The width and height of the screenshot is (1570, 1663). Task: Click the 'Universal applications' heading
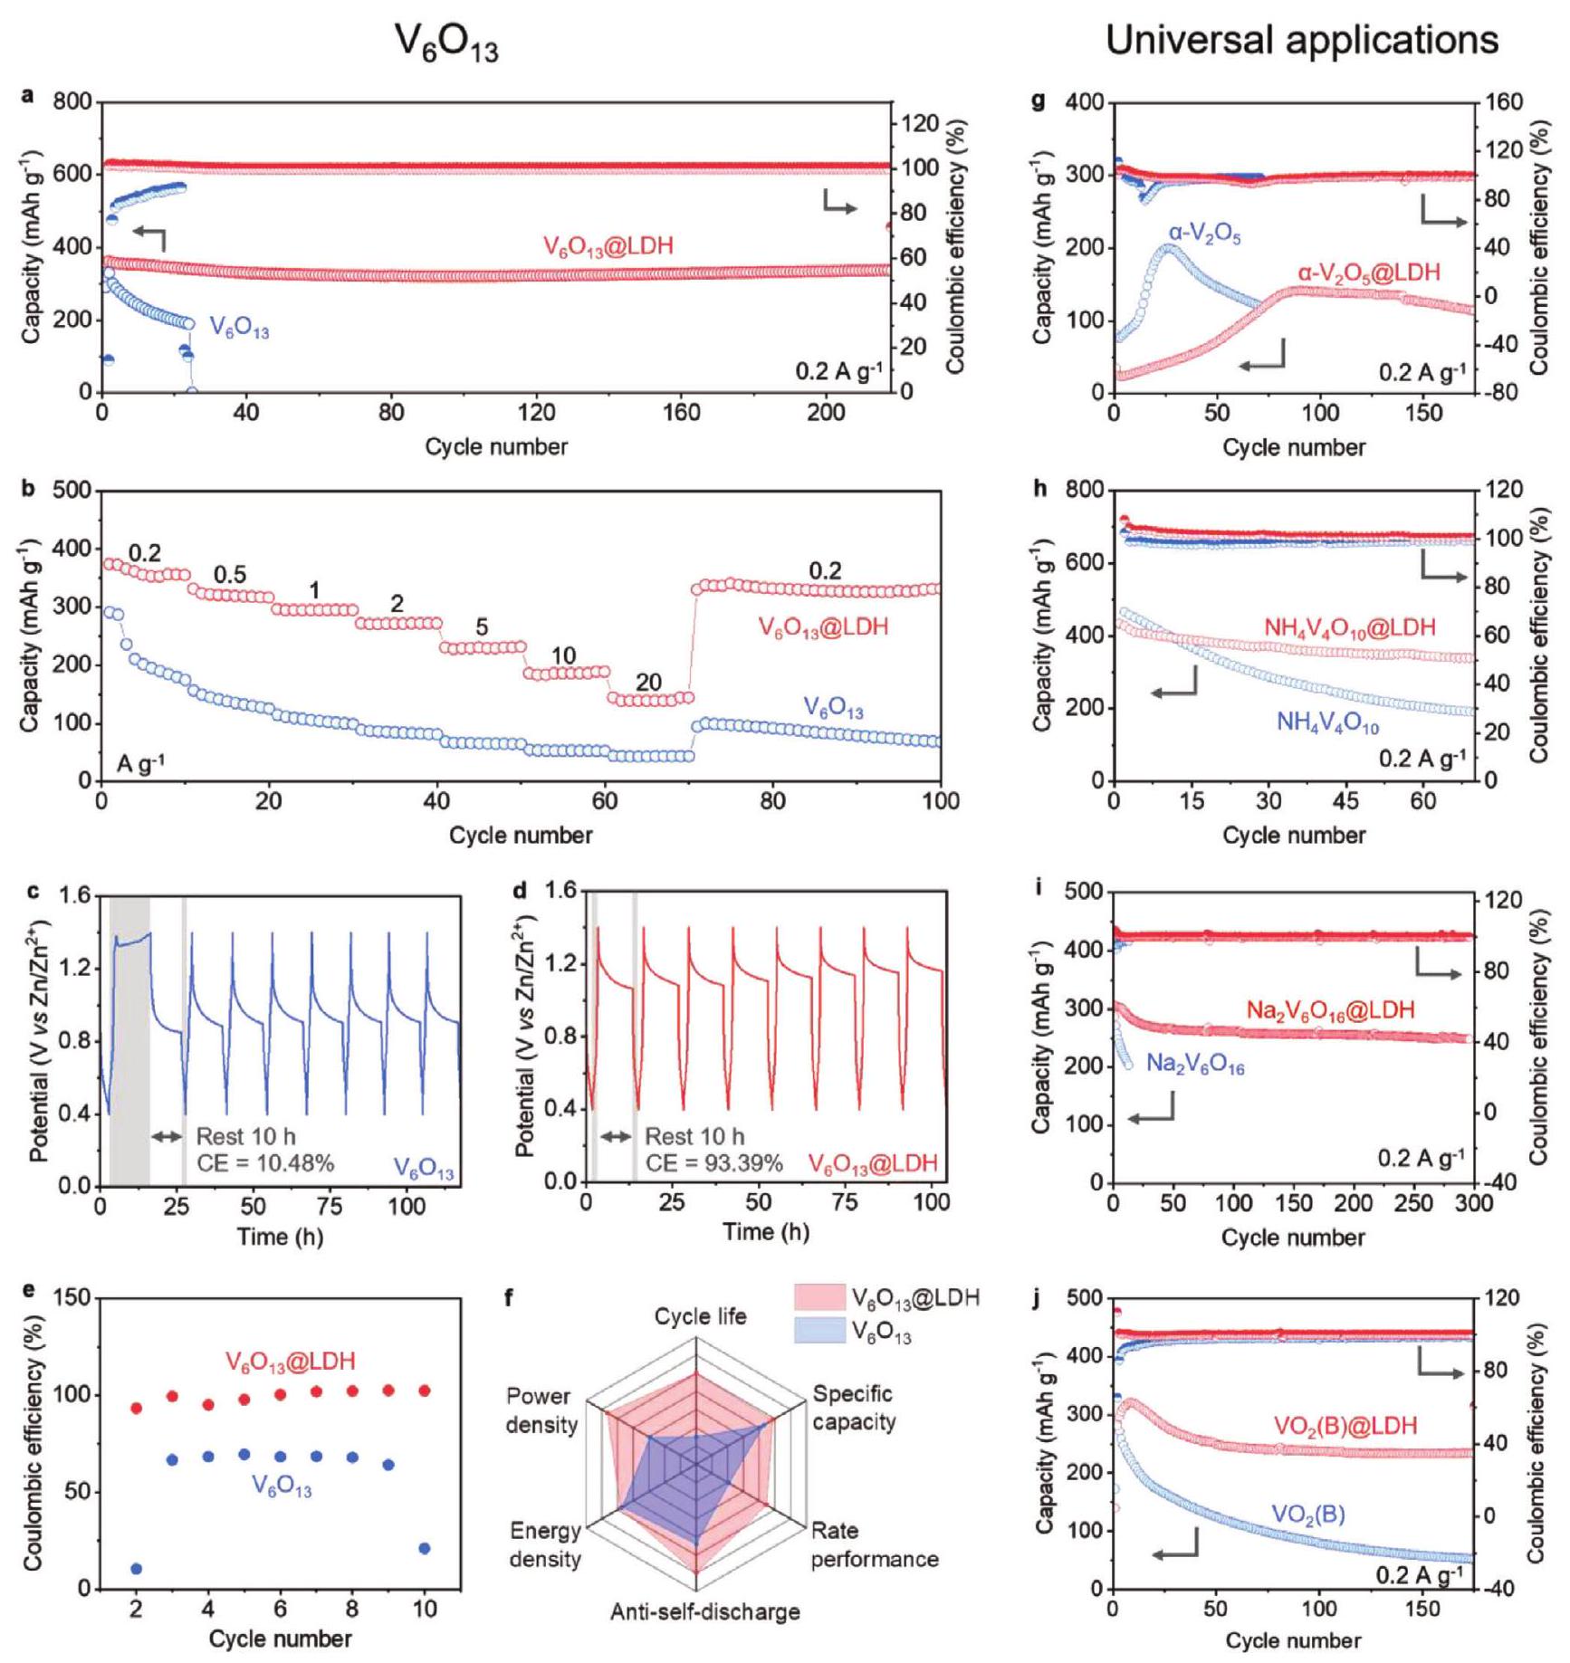[x=1301, y=41]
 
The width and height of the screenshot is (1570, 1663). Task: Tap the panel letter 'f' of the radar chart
[x=509, y=1299]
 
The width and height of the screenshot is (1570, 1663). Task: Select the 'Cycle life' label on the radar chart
[x=701, y=1316]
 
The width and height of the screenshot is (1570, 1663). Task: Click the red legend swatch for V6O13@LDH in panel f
[x=819, y=1297]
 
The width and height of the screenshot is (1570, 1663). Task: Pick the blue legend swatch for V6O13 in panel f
[x=819, y=1331]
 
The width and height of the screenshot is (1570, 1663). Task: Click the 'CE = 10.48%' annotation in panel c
[x=265, y=1163]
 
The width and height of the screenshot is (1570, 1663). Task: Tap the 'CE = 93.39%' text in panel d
[x=714, y=1162]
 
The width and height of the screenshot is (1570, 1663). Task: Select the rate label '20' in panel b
[x=648, y=682]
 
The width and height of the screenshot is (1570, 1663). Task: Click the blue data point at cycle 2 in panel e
[x=137, y=1569]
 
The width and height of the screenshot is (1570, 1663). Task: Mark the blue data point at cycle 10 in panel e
[x=425, y=1548]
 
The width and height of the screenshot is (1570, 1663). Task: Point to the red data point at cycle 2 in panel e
[x=137, y=1408]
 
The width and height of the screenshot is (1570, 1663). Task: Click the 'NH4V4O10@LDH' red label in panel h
[x=1350, y=627]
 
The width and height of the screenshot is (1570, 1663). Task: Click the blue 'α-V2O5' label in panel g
[x=1204, y=234]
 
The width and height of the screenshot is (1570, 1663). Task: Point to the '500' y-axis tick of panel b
[x=74, y=491]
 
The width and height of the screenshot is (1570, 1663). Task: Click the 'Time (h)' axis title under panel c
[x=280, y=1237]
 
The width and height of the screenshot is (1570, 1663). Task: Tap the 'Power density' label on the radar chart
[x=541, y=1410]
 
